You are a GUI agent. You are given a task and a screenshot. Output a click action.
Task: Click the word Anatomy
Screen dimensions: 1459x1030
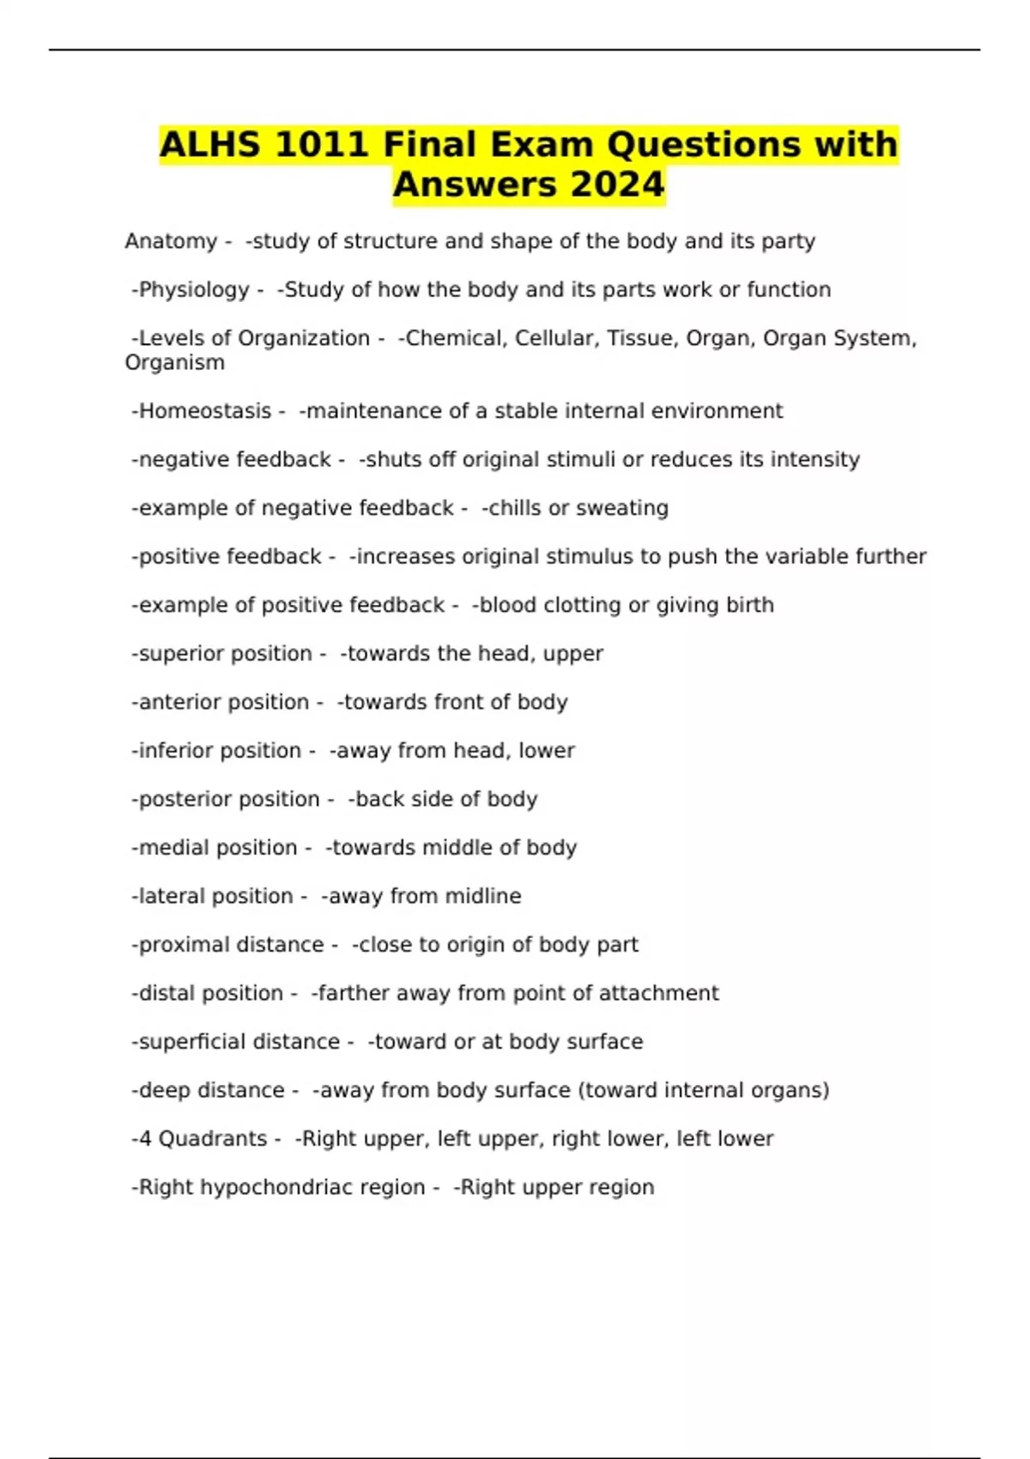pyautogui.click(x=171, y=241)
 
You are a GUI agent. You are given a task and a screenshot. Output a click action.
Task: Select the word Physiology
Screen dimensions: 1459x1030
pyautogui.click(x=194, y=290)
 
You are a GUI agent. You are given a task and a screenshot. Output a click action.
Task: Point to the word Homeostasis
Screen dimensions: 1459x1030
pyautogui.click(x=205, y=411)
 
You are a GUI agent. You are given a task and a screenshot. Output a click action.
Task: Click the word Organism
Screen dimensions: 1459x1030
pyautogui.click(x=175, y=363)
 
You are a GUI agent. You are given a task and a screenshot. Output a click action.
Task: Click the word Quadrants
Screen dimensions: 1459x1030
pyautogui.click(x=213, y=1139)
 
